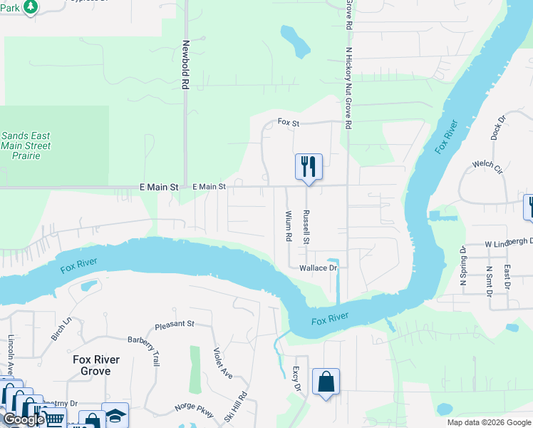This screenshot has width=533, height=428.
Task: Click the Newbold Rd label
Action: (185, 63)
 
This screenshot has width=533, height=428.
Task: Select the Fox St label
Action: (289, 123)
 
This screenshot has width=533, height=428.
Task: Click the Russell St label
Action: (306, 227)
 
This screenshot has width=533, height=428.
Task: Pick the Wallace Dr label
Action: (318, 268)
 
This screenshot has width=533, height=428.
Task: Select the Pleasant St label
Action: (175, 324)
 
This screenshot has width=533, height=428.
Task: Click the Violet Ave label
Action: (223, 363)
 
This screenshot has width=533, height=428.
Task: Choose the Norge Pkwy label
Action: (194, 409)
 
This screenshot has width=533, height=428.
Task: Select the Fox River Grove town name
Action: (95, 365)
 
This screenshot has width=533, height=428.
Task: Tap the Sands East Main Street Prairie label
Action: (26, 146)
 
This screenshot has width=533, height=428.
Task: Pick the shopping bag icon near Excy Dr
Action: (326, 382)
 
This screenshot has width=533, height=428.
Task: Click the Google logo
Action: (24, 419)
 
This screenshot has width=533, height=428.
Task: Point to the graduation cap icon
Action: (115, 414)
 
